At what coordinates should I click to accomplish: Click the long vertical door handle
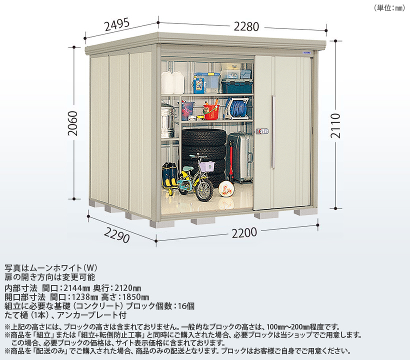point(273,132)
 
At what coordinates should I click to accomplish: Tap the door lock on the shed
point(262,131)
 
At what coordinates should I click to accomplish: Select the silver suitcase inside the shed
point(240,157)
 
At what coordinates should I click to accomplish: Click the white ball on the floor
point(227,189)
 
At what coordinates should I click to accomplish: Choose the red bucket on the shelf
point(211,111)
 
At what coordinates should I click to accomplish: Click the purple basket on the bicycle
point(204,165)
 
